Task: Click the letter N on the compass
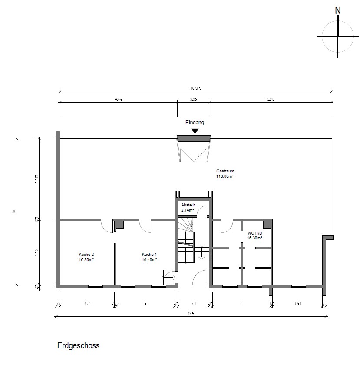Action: tap(338, 10)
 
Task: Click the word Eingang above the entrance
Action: tap(195, 123)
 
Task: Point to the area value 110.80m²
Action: tap(225, 177)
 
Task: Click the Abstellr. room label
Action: tap(189, 205)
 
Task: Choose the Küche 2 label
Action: tap(86, 254)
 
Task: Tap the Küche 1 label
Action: tap(149, 254)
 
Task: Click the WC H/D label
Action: tap(254, 233)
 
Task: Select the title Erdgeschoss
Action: tap(78, 346)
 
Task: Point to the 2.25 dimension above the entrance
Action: tap(194, 99)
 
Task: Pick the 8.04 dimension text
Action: tap(118, 99)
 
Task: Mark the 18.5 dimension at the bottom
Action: tap(191, 313)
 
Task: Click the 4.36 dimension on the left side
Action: tap(37, 253)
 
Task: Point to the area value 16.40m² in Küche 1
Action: tap(149, 259)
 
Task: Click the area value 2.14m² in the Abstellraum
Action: tap(188, 210)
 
